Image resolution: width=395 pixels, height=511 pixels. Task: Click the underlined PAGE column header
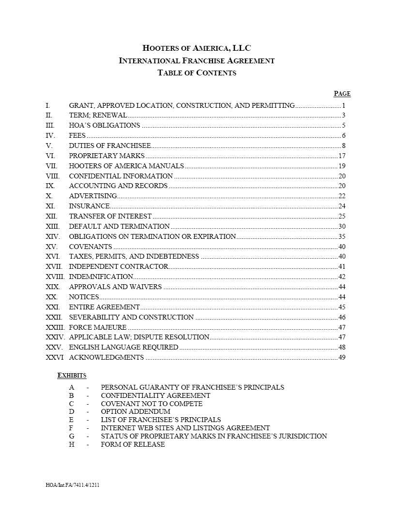(x=342, y=94)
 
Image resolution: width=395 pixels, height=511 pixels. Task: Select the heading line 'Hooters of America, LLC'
(x=197, y=48)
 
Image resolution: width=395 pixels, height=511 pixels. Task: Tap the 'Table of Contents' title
(x=197, y=73)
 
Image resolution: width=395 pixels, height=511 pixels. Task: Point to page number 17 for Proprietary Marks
(x=342, y=156)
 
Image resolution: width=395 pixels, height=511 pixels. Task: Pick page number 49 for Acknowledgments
(x=342, y=357)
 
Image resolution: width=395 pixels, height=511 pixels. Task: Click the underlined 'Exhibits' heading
(x=72, y=376)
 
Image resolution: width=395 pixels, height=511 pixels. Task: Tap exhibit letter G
(x=72, y=436)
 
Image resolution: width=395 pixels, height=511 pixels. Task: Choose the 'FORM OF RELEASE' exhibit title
(x=133, y=444)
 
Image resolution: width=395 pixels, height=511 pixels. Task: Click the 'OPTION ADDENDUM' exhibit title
(x=136, y=412)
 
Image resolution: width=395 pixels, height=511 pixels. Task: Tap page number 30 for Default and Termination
(x=342, y=226)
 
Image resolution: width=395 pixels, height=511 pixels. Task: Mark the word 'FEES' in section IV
(x=77, y=135)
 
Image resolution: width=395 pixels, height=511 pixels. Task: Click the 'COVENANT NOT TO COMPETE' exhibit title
(x=152, y=404)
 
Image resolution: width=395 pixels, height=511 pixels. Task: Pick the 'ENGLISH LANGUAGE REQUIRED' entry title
(x=123, y=347)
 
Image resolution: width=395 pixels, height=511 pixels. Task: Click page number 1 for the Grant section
(x=343, y=105)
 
